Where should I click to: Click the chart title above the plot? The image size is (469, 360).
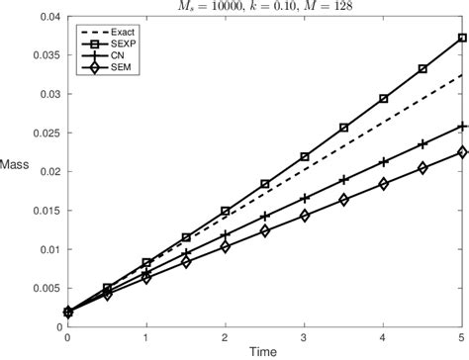coord(264,8)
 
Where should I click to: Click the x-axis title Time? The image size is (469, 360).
coord(264,352)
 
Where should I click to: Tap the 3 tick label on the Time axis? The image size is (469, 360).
coord(305,337)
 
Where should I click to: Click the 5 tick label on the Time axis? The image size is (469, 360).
coord(462,337)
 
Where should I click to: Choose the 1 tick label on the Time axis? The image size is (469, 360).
coord(146,337)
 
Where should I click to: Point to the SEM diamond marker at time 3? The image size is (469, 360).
coord(305,215)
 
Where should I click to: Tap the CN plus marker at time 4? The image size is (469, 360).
coord(384,161)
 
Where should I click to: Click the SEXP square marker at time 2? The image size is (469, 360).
coord(226,211)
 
